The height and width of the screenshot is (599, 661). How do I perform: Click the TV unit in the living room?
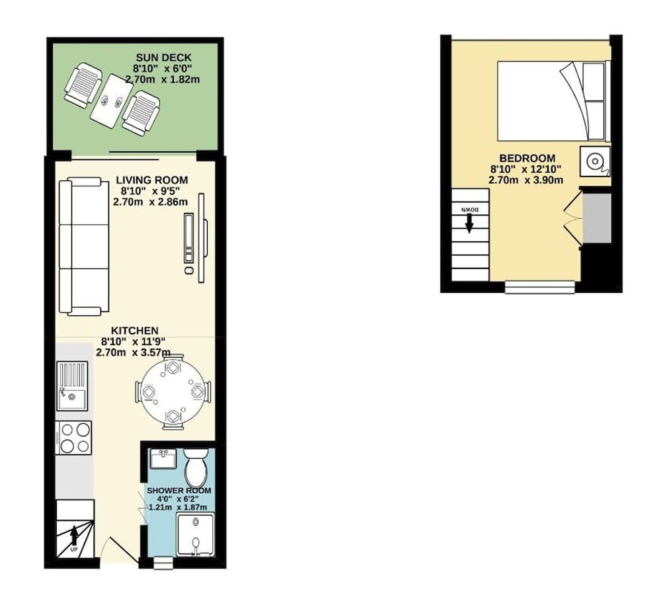pos(190,239)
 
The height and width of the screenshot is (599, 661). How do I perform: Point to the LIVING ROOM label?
pos(151,180)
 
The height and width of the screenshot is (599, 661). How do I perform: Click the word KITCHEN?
pos(134,331)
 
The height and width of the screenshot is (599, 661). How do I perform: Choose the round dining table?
pos(173,392)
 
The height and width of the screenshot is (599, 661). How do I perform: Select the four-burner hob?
pos(74,438)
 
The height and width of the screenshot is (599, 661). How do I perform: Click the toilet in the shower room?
pos(195,468)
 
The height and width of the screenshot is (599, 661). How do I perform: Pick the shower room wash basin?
pos(163,459)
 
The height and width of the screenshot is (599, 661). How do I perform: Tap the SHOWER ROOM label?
pos(178,491)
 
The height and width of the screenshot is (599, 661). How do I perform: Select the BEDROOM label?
pos(526,158)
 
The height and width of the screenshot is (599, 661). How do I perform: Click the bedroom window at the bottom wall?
pos(540,287)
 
